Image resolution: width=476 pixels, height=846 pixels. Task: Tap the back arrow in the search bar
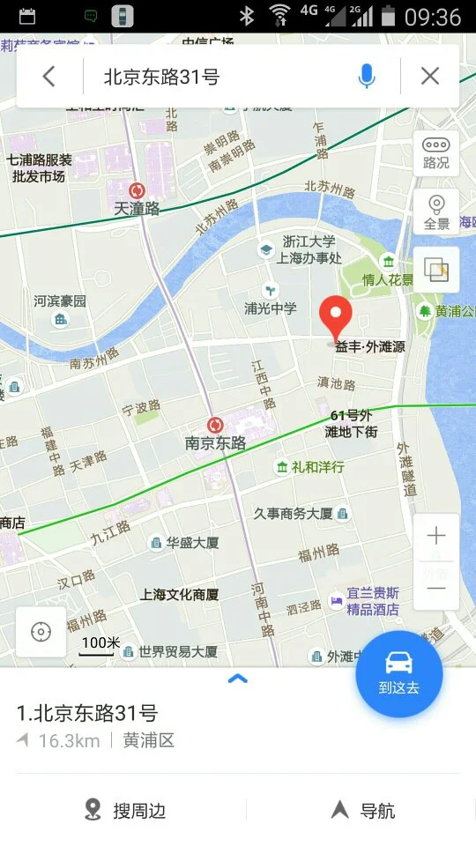(48, 77)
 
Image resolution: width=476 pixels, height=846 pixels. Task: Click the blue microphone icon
(367, 77)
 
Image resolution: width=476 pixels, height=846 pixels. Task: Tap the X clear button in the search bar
(430, 77)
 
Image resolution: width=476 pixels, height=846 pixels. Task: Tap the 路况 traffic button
(436, 153)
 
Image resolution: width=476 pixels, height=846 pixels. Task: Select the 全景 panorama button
(436, 212)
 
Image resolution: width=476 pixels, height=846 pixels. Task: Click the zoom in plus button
(436, 536)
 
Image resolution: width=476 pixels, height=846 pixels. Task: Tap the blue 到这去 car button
(398, 673)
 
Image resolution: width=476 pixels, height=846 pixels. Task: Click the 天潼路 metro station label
(137, 209)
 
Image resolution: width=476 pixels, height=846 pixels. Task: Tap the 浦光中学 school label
(271, 308)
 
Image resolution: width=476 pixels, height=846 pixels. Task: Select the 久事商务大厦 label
(294, 513)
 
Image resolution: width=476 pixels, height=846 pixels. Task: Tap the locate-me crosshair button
(41, 632)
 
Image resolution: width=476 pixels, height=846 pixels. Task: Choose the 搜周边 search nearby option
(126, 810)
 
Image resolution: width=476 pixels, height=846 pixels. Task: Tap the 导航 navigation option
(363, 810)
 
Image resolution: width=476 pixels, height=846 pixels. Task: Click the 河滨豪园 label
(60, 301)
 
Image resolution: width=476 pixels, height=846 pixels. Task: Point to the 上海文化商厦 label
(179, 594)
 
